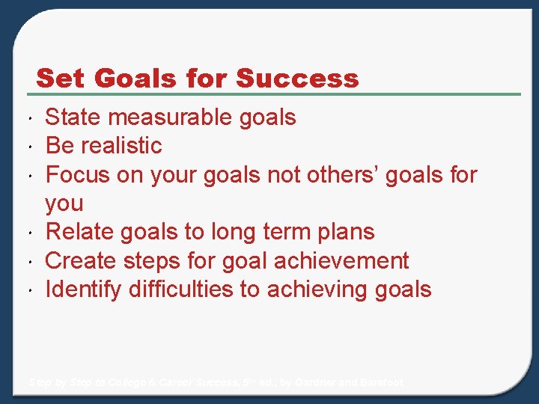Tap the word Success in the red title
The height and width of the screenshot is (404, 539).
point(297,78)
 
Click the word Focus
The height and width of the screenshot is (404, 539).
point(77,175)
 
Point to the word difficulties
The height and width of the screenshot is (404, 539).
point(181,290)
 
